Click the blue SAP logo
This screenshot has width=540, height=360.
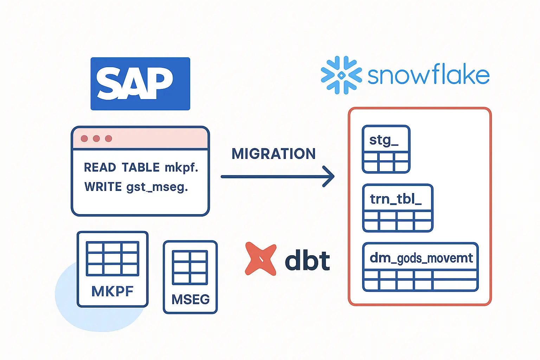pyautogui.click(x=140, y=84)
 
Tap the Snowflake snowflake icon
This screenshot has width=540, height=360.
pyautogui.click(x=341, y=75)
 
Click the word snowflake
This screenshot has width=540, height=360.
pyautogui.click(x=428, y=75)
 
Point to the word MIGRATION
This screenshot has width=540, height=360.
pyautogui.click(x=274, y=154)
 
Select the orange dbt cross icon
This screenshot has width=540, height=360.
pyautogui.click(x=261, y=259)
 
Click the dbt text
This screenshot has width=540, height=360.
pyautogui.click(x=307, y=261)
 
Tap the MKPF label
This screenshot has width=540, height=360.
pyautogui.click(x=112, y=291)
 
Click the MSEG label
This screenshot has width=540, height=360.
pyautogui.click(x=191, y=300)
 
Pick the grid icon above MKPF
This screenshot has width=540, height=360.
pyautogui.click(x=112, y=258)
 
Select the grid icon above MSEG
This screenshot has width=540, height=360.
pyautogui.click(x=190, y=267)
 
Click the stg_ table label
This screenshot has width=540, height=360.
pyautogui.click(x=384, y=140)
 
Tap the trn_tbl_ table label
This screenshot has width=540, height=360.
pyautogui.click(x=396, y=199)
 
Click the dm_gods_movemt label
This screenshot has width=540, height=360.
pyautogui.click(x=421, y=258)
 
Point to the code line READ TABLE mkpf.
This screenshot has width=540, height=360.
pyautogui.click(x=141, y=168)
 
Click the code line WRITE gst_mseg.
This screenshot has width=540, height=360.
pyautogui.click(x=136, y=187)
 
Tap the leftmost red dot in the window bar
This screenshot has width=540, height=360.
pyautogui.click(x=84, y=139)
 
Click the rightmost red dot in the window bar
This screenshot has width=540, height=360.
pyautogui.click(x=109, y=139)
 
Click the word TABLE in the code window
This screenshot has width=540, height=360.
pyautogui.click(x=141, y=168)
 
